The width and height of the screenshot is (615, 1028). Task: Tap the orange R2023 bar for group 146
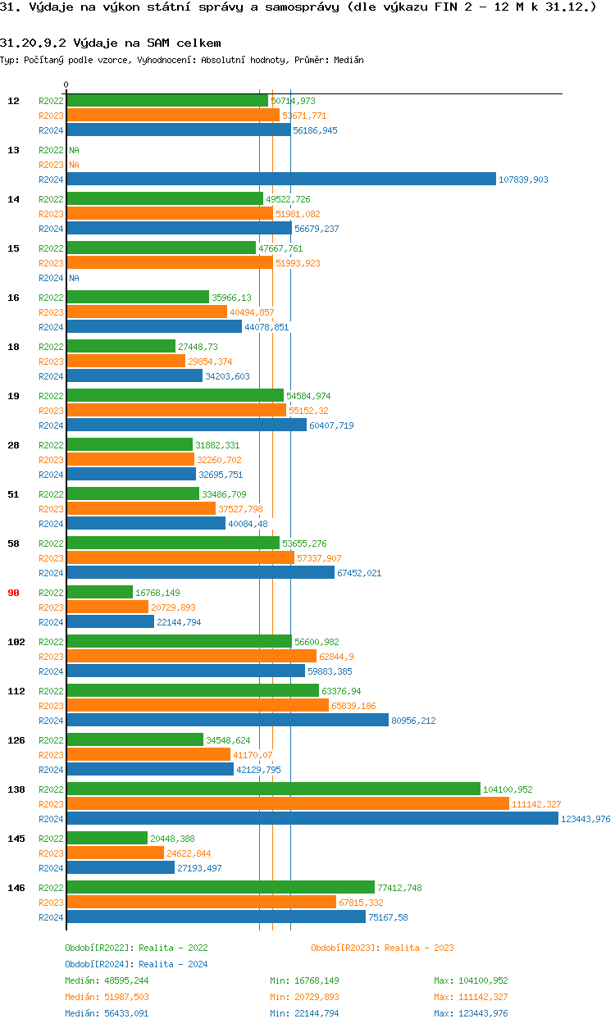(201, 903)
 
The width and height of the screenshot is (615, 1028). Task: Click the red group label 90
(13, 593)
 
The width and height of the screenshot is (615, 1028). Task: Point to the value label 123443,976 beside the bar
(587, 819)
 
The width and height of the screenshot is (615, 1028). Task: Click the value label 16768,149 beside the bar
(157, 593)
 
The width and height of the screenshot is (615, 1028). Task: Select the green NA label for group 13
(74, 150)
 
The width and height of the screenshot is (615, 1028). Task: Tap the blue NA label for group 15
(74, 278)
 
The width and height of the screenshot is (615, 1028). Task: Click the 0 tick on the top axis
(66, 84)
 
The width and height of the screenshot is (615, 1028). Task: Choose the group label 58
(13, 544)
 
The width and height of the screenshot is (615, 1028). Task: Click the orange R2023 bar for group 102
(191, 657)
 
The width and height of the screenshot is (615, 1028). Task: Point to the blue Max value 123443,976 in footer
(471, 1013)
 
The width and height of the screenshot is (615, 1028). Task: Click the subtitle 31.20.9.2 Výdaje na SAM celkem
(110, 42)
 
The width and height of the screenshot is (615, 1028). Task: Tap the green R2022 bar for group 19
(175, 396)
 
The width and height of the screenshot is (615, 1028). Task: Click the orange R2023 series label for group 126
(51, 755)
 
